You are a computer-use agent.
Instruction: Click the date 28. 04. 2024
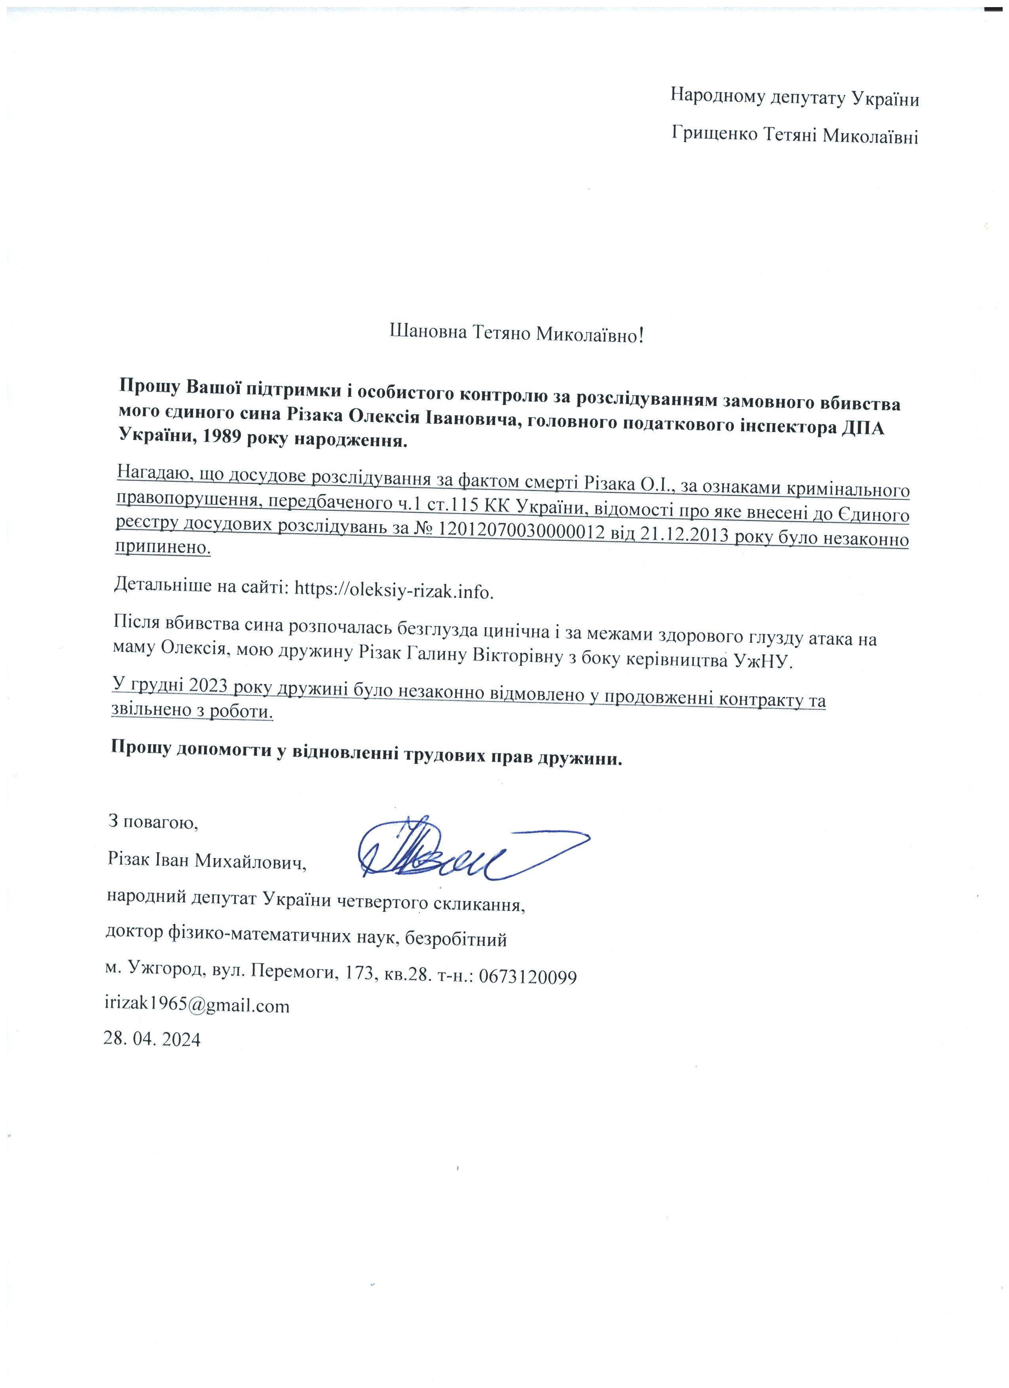152,1039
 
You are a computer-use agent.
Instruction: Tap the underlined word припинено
163,546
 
